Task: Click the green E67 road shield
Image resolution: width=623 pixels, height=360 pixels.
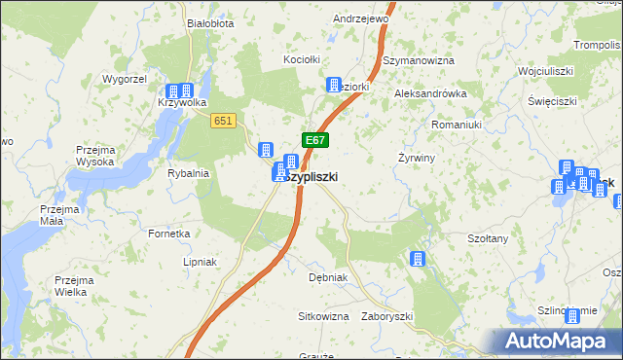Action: click(313, 140)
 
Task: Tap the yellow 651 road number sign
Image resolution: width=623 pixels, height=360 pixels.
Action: click(223, 119)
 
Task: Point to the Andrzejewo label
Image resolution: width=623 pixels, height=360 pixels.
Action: click(360, 18)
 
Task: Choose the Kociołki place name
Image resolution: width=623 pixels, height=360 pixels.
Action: click(302, 59)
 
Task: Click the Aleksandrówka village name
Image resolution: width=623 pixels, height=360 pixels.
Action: click(430, 93)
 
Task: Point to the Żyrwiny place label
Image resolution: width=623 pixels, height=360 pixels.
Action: click(416, 157)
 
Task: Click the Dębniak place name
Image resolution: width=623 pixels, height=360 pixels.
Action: click(328, 277)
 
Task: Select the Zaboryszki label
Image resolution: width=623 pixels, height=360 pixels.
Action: click(387, 316)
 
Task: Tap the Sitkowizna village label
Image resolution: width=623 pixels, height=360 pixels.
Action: click(323, 316)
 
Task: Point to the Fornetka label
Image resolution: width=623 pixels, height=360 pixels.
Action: click(168, 234)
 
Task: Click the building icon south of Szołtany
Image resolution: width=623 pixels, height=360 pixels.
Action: click(418, 259)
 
